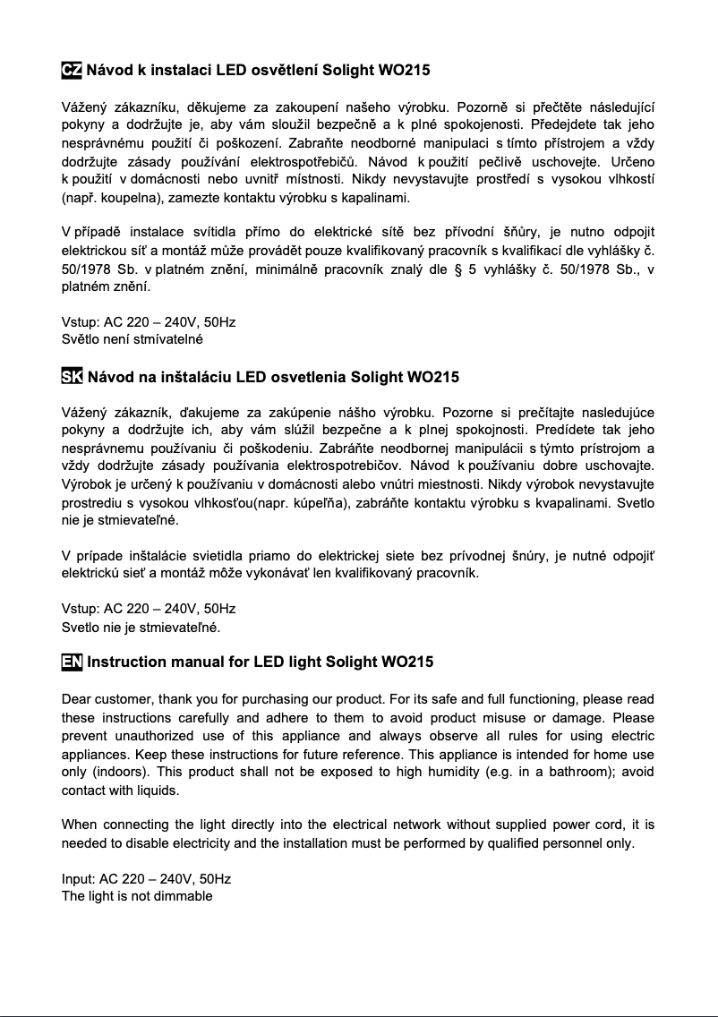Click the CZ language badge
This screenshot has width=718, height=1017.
pyautogui.click(x=72, y=71)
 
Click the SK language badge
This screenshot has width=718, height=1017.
pyautogui.click(x=72, y=377)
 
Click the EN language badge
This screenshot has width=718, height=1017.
pyautogui.click(x=72, y=662)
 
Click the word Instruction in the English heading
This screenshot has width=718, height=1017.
pyautogui.click(x=126, y=662)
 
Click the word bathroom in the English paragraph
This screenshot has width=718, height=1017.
pyautogui.click(x=572, y=773)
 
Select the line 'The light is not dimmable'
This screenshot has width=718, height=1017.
pyautogui.click(x=137, y=896)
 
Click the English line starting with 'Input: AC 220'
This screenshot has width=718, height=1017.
pyautogui.click(x=146, y=879)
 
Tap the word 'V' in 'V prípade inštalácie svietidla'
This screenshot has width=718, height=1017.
pyautogui.click(x=65, y=555)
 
